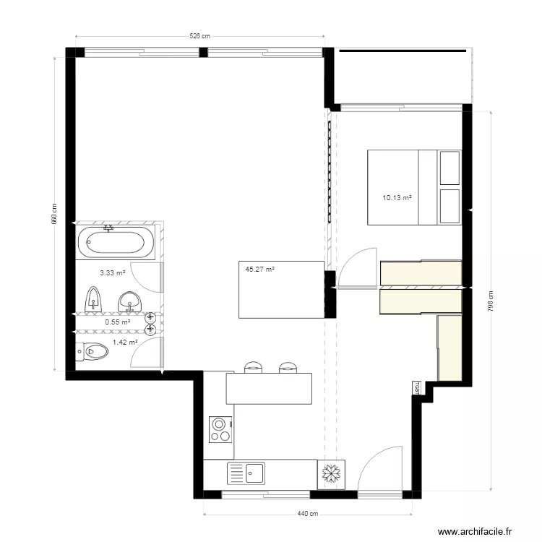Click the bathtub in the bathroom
[116, 243]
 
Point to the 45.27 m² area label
[259, 270]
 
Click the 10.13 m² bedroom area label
[397, 197]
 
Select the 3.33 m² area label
[112, 273]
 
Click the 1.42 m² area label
[124, 343]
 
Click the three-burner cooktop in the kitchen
[220, 429]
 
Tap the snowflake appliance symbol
[331, 474]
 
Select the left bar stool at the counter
[253, 367]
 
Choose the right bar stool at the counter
[288, 367]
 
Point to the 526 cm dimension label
[200, 35]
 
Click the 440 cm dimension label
[308, 515]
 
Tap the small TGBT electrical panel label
[416, 388]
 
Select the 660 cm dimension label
[54, 213]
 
